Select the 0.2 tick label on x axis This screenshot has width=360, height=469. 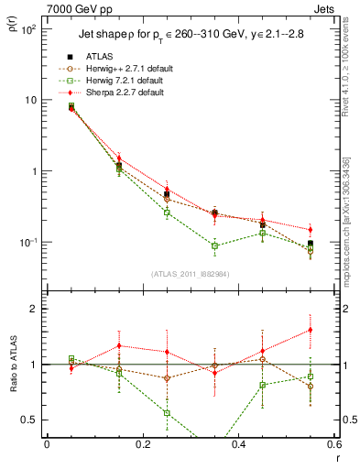point(142,444)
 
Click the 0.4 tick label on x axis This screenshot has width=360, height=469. point(238,444)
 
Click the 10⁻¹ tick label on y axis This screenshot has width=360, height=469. point(26,242)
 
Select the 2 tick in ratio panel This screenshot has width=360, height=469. point(35,309)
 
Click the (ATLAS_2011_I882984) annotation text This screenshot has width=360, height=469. point(191,273)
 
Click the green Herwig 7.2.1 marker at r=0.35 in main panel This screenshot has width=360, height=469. point(214,245)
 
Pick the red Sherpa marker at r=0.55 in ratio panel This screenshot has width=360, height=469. point(311,330)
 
